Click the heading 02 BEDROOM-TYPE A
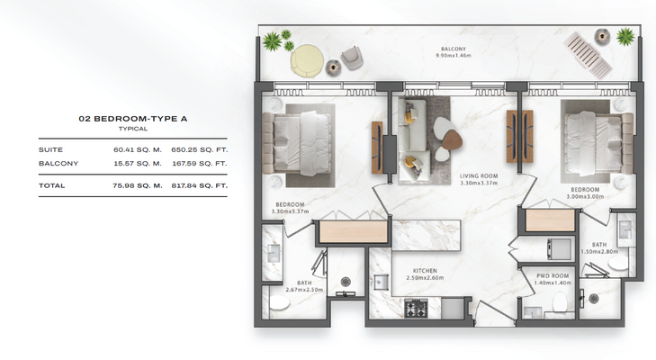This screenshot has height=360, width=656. click(133, 119)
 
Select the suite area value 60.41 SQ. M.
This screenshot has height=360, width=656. click(138, 149)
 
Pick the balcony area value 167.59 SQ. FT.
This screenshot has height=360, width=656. click(200, 163)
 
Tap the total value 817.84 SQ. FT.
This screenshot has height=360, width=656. click(200, 185)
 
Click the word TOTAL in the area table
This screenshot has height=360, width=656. click(52, 185)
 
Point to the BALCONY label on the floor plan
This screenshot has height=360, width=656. click(454, 49)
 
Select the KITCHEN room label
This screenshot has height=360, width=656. click(425, 271)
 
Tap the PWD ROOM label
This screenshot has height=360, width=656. click(553, 276)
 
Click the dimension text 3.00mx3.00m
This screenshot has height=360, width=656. click(585, 196)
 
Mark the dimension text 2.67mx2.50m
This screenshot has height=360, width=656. click(304, 290)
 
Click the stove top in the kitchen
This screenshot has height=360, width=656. click(416, 309)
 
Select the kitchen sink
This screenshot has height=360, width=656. click(382, 283)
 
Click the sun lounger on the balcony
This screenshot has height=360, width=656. click(588, 55)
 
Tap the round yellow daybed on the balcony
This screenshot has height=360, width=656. click(307, 61)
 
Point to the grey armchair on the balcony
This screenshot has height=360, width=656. click(352, 58)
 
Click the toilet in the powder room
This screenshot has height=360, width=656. click(560, 301)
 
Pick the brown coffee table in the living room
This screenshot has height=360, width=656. click(452, 140)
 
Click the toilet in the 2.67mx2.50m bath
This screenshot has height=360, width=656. click(279, 302)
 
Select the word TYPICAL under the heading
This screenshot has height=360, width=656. click(133, 129)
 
